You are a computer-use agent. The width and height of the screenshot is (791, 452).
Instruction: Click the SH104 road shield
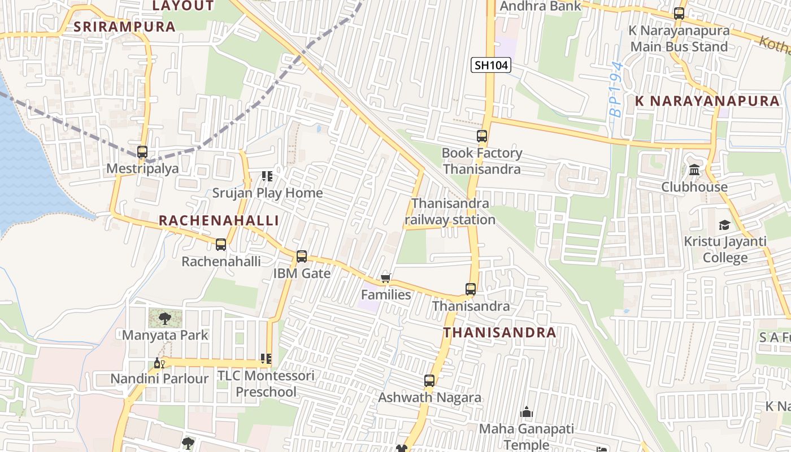[x=490, y=65]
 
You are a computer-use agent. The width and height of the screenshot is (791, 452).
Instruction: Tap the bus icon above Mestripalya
[x=142, y=151]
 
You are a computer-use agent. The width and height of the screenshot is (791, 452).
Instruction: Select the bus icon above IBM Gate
[x=302, y=257]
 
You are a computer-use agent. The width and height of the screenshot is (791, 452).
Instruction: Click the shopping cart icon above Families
[x=386, y=277]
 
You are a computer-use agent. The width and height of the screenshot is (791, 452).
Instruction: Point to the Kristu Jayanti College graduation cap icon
[x=724, y=225]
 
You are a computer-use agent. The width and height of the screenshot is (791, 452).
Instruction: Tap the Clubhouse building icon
[x=694, y=170]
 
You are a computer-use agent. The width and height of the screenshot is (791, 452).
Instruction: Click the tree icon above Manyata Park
[x=164, y=319]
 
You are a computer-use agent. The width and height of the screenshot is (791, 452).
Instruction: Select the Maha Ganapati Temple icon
[x=526, y=412]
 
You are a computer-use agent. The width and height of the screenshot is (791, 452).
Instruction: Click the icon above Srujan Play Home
[x=267, y=176]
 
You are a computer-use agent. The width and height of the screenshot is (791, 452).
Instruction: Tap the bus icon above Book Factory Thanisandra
[x=482, y=136]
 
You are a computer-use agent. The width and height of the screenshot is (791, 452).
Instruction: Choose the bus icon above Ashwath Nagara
[x=429, y=381]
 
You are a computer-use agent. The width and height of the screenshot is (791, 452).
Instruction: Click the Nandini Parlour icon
[x=159, y=363]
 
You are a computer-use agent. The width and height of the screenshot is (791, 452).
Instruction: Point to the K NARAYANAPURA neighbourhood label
[x=707, y=101]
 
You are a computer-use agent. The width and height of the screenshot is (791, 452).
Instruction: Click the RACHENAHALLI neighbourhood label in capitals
[x=219, y=220]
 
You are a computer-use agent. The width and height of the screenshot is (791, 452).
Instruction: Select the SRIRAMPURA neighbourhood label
[x=124, y=27]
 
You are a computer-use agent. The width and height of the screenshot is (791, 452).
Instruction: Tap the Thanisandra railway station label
[x=450, y=211]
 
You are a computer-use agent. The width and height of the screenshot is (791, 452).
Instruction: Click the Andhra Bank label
[x=541, y=6]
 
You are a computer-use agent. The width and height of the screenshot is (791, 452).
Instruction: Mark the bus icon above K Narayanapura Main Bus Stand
[x=679, y=14]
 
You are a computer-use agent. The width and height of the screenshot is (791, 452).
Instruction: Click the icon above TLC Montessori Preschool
[x=266, y=359]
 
